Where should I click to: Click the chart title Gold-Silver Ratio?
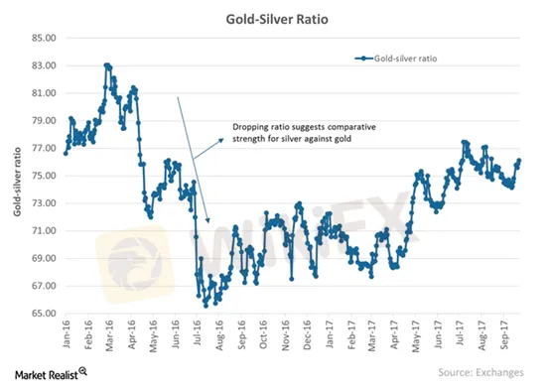(277, 19)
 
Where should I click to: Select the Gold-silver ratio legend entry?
(396, 59)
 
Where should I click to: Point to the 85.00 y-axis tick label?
(44, 38)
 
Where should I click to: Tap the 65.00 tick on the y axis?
(44, 314)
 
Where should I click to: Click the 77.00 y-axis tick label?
(44, 148)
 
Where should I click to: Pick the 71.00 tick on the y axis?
(44, 230)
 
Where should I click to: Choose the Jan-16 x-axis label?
(67, 333)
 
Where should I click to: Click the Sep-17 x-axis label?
(504, 334)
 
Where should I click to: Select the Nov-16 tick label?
(285, 335)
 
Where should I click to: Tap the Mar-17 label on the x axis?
(372, 335)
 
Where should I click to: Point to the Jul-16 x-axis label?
(198, 333)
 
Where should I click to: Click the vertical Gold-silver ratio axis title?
(17, 182)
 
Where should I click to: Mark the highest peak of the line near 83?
(107, 65)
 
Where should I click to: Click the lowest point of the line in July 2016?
(206, 306)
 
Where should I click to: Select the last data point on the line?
(519, 161)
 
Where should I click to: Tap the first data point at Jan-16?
(66, 153)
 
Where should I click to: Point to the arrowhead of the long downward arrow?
(208, 220)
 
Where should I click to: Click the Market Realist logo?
(51, 374)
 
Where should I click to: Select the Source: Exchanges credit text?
(480, 372)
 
